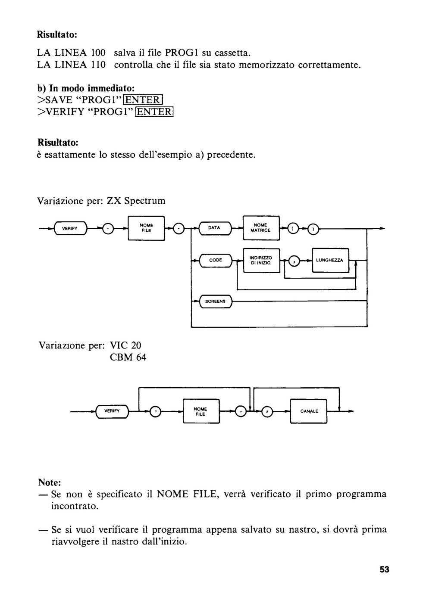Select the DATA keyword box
click(x=215, y=228)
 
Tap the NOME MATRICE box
click(x=261, y=228)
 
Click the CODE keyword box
click(x=216, y=260)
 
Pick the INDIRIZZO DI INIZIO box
click(x=261, y=260)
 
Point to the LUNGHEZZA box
click(x=330, y=260)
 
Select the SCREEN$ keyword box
click(x=215, y=301)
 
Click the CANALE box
click(x=309, y=411)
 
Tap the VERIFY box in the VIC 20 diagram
click(x=112, y=411)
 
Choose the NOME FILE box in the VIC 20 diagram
click(x=201, y=411)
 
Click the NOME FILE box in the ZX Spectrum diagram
click(x=146, y=228)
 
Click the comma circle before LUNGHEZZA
click(x=294, y=261)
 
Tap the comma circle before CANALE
click(x=267, y=411)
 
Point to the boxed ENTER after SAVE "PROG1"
click(x=143, y=100)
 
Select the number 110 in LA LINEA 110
click(x=97, y=65)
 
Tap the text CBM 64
click(x=128, y=357)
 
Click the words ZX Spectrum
click(x=136, y=201)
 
